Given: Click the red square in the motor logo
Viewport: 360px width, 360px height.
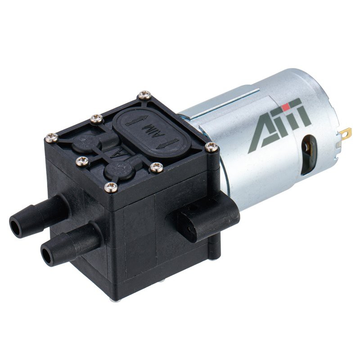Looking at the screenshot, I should click(x=285, y=107).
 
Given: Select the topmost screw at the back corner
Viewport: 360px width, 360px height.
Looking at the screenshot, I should click(x=144, y=95).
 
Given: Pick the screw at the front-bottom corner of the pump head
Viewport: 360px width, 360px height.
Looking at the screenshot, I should click(x=110, y=185).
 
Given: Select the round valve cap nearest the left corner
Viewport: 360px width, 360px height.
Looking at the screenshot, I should click(x=83, y=144).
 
